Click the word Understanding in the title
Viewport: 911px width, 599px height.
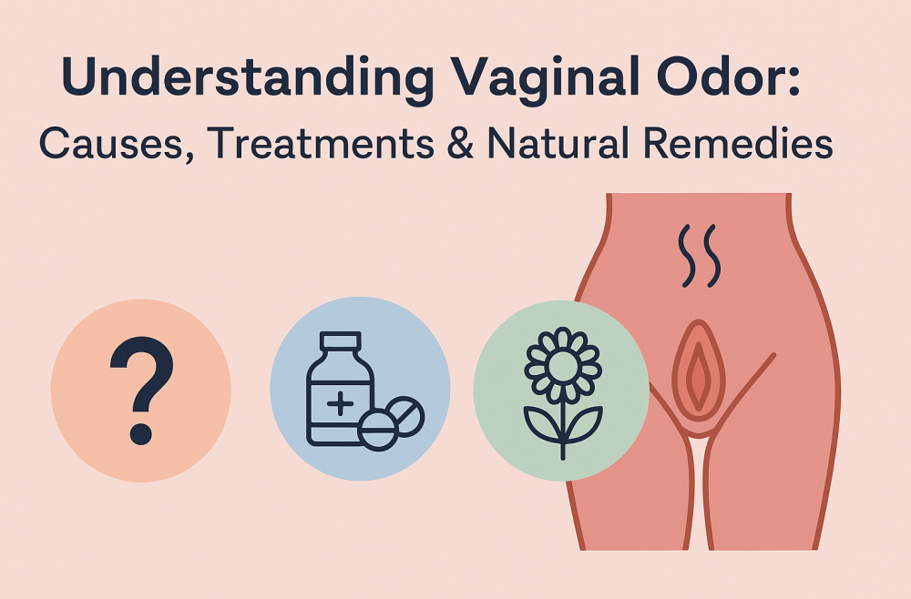248,78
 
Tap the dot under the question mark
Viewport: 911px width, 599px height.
141,433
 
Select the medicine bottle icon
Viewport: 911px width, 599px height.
340,389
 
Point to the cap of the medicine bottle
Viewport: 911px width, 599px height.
341,341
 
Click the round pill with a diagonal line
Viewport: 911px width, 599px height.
406,416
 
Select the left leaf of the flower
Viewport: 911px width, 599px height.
543,423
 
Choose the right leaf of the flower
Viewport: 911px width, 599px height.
583,423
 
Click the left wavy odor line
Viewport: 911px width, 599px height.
688,256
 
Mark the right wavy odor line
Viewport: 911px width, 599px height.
712,256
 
